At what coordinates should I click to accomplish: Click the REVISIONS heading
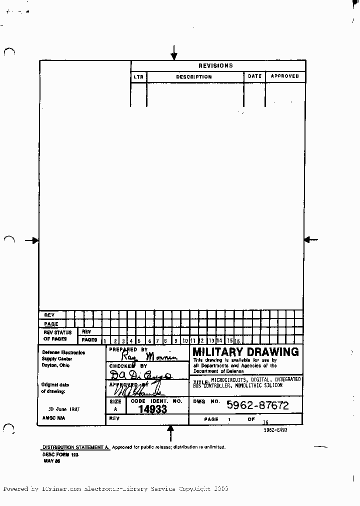click(x=215, y=65)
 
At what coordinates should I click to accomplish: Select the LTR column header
click(x=138, y=77)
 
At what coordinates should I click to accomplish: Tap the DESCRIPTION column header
click(x=194, y=77)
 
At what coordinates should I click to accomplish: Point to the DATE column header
click(x=254, y=76)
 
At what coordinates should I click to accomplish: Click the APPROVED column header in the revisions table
click(x=284, y=76)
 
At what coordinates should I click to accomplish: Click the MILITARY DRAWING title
click(x=245, y=352)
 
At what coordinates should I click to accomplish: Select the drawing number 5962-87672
click(x=257, y=405)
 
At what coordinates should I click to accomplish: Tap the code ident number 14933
click(x=152, y=409)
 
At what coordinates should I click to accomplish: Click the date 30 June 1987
click(x=63, y=409)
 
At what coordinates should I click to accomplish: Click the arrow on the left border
click(x=33, y=240)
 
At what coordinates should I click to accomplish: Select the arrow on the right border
click(x=311, y=240)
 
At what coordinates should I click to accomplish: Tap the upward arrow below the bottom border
click(x=170, y=432)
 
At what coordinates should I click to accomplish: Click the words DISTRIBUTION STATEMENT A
click(x=75, y=447)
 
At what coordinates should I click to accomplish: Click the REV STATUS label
click(x=57, y=332)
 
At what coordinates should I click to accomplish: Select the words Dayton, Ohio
click(x=56, y=365)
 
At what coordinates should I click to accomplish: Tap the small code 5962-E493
click(x=276, y=429)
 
